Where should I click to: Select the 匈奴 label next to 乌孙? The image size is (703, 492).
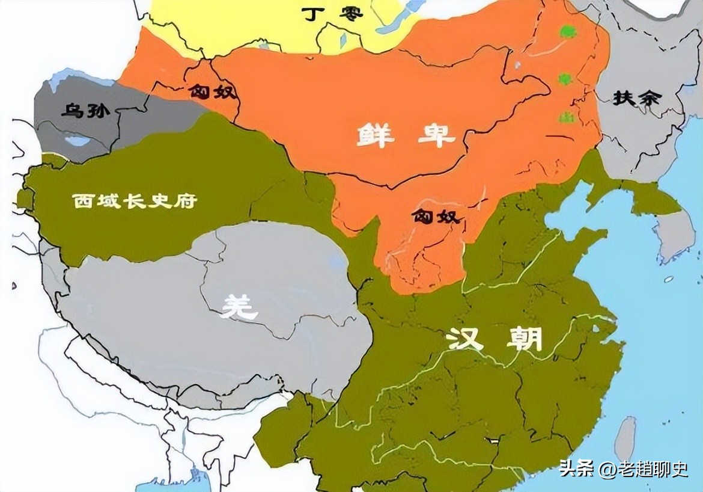click(x=213, y=92)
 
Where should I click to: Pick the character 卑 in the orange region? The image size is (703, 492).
click(x=437, y=136)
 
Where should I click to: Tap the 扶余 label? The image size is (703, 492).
click(x=636, y=98)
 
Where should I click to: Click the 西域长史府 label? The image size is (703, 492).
click(x=135, y=201)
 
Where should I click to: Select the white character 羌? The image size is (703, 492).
click(x=239, y=307)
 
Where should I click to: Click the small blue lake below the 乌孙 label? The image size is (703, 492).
click(x=77, y=141)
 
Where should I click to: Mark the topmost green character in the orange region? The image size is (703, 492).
click(x=564, y=31)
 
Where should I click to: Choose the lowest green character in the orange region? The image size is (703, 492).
click(x=565, y=118)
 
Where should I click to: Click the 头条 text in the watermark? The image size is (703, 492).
click(x=576, y=468)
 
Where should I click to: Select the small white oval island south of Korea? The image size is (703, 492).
click(x=668, y=279)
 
